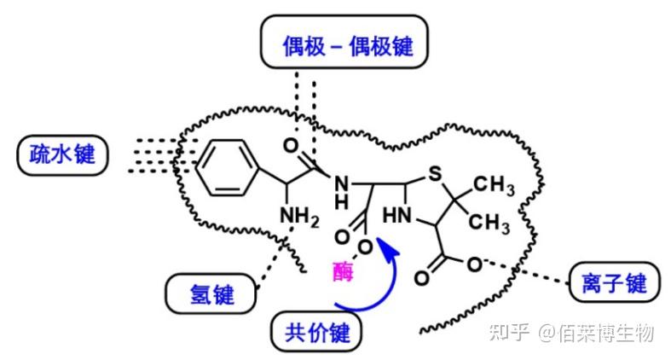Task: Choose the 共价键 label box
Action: pyautogui.click(x=316, y=332)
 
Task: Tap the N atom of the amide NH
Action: pyautogui.click(x=343, y=183)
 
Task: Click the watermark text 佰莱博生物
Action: pyautogui.click(x=606, y=332)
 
